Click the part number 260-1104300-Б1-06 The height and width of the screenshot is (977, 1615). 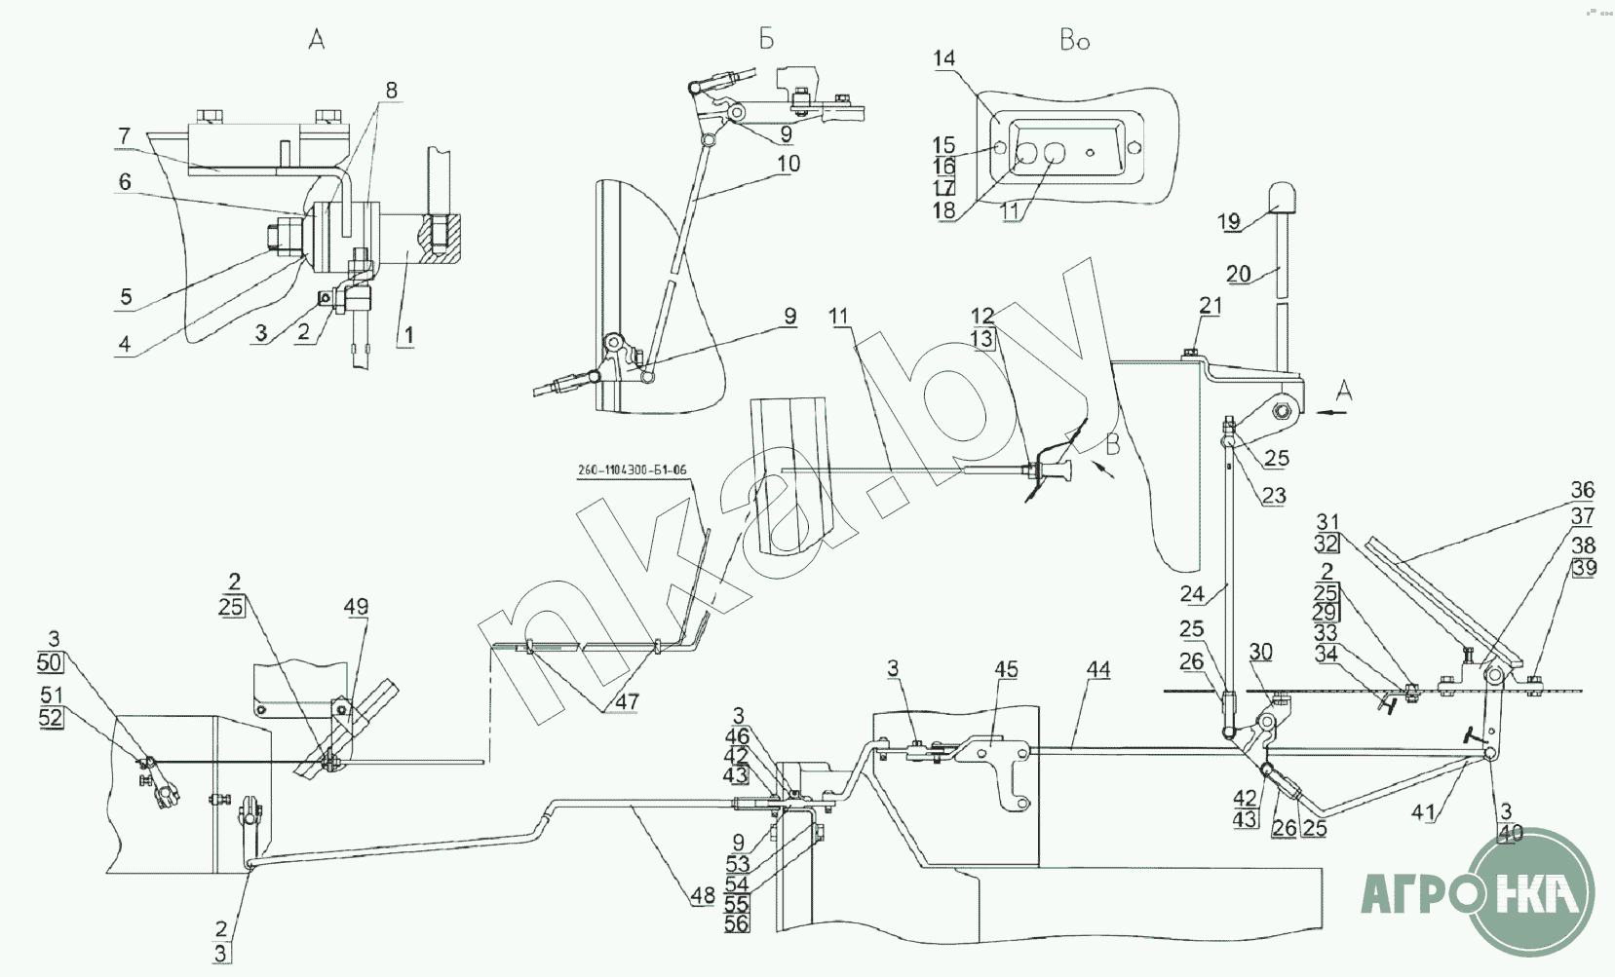tap(632, 470)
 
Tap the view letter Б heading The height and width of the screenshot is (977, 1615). tap(766, 39)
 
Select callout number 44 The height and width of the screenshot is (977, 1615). tap(1098, 670)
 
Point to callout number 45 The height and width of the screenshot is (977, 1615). tap(1006, 669)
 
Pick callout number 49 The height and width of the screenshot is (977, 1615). tap(356, 607)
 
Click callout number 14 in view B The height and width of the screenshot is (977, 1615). tap(943, 58)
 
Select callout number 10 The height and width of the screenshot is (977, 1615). tap(788, 164)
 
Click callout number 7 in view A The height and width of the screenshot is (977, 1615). tap(124, 136)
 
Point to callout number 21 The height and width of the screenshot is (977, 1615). tap(1210, 306)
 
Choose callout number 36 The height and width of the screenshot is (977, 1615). tap(1582, 489)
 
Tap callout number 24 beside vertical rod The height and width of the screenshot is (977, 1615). tap(1192, 592)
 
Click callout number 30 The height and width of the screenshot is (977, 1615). tap(1260, 653)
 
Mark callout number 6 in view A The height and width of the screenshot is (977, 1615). tap(125, 181)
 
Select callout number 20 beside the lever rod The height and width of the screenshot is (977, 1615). tap(1238, 274)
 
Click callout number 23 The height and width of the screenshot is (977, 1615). tap(1274, 496)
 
